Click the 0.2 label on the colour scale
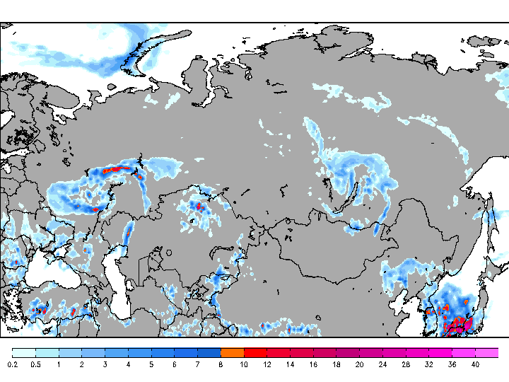tap(13, 364)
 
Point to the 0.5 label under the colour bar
tap(35, 364)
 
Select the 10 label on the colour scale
tap(244, 364)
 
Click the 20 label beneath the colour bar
tap(359, 364)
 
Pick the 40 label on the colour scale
tap(475, 364)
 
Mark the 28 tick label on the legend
tap(406, 364)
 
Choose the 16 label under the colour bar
tap(313, 364)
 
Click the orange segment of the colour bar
tap(232, 352)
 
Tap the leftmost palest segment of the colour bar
tap(24, 352)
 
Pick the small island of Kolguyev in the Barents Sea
tap(110, 88)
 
